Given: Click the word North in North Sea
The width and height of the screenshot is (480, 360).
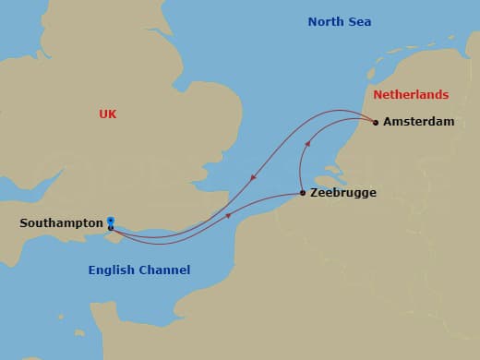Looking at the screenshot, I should [325, 21].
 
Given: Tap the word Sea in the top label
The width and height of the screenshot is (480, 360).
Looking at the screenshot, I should [359, 21].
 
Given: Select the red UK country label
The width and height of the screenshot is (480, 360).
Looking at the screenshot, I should [108, 114].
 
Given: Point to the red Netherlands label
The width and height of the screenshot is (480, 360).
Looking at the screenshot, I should [411, 95].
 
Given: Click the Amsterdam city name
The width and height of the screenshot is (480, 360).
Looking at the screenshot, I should [418, 122].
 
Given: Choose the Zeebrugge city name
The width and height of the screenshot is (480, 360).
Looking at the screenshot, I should [343, 194].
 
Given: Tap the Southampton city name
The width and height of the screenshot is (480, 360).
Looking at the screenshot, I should [60, 223].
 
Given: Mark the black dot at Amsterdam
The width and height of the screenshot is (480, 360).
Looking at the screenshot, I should [376, 122].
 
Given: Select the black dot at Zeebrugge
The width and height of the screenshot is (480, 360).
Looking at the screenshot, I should [303, 193].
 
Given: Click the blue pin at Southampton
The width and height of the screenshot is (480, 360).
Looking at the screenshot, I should [111, 222].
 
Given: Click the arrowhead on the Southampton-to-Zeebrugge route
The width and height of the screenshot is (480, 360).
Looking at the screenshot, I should [228, 217].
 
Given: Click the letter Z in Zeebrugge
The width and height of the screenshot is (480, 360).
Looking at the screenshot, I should [315, 194].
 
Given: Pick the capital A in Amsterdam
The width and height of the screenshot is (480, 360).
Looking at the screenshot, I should [388, 122].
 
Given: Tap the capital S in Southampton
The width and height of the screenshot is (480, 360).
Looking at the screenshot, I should [23, 223].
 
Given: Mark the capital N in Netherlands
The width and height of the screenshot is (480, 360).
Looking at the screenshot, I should [378, 95].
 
